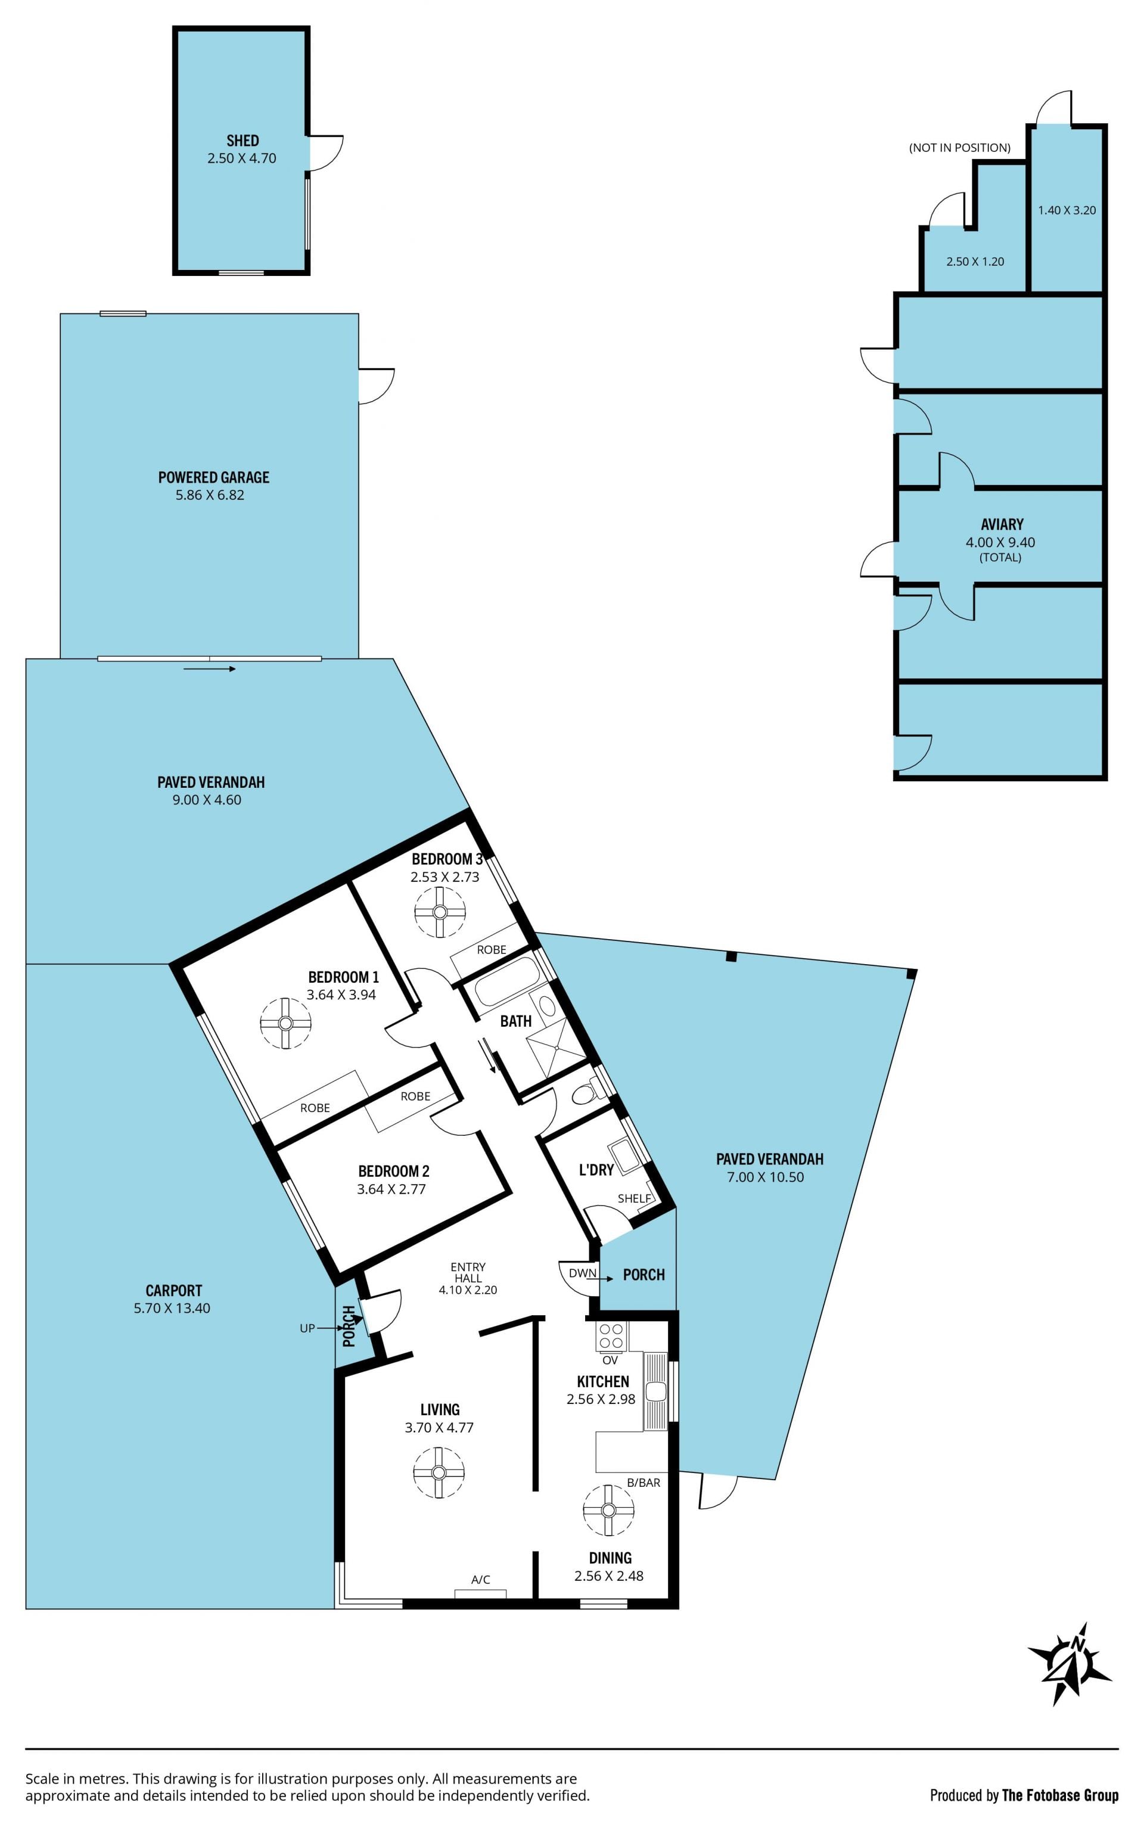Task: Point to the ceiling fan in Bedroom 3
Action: pos(440,912)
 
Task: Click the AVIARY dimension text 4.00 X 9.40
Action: pos(1000,542)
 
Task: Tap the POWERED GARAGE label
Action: pos(213,477)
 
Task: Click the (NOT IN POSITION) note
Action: pos(959,148)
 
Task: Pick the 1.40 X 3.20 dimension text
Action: pos(1067,210)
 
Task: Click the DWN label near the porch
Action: pos(583,1272)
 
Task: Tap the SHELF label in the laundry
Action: pos(634,1198)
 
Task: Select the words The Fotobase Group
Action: pos(1060,1795)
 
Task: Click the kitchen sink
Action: pos(655,1391)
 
